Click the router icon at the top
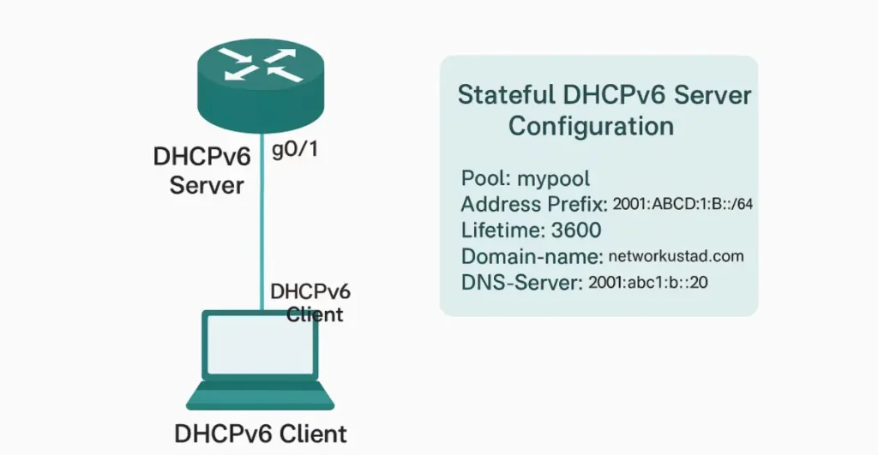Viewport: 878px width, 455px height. (x=260, y=68)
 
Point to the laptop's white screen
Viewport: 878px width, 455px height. (x=259, y=351)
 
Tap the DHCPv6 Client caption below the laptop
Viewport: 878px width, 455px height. (x=261, y=434)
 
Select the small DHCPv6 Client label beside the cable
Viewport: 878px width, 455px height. (x=310, y=302)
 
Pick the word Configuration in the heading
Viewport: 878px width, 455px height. (x=591, y=126)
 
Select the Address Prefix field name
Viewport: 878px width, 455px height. (x=533, y=205)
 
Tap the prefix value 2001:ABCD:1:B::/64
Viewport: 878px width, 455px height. (x=683, y=206)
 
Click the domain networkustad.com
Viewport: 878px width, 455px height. (x=676, y=256)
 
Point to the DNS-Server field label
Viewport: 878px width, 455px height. (x=521, y=282)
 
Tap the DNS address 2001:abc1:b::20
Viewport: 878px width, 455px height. (x=647, y=283)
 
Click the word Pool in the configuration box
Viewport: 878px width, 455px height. (x=483, y=179)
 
